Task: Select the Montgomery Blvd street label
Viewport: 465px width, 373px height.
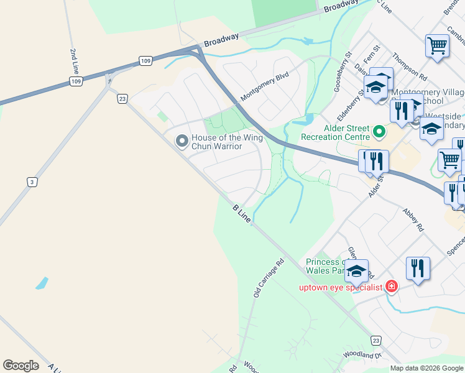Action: coord(265,88)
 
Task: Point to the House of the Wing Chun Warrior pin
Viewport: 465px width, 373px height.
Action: coord(182,142)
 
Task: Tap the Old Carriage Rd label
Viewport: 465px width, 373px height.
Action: coord(269,278)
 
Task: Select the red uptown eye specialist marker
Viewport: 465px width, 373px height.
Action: coord(392,287)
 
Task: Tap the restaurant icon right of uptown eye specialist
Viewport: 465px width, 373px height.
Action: coord(418,269)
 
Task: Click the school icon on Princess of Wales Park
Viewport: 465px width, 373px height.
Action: coord(357,271)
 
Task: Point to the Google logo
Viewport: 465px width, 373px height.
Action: coord(21,366)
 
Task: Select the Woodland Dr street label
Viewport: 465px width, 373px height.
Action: coord(361,356)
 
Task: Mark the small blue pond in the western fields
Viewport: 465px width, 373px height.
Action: coord(42,283)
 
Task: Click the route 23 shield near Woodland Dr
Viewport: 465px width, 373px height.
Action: coord(375,340)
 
